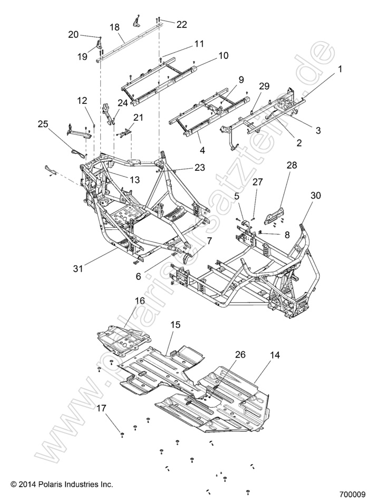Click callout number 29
click(x=264, y=86)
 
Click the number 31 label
click(x=78, y=268)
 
